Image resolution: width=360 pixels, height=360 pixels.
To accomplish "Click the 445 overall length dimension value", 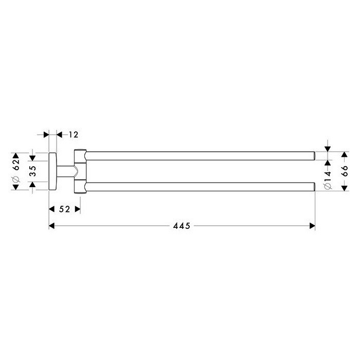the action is (182, 226).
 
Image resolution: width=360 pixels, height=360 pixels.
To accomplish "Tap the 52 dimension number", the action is (64, 209).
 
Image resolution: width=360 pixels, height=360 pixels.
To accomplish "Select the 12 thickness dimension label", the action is (74, 135).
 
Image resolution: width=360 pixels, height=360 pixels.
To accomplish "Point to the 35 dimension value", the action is (33, 171).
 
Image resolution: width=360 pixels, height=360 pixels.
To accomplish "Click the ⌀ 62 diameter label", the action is (16, 170).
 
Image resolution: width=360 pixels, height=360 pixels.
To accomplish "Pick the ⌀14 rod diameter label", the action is (328, 180).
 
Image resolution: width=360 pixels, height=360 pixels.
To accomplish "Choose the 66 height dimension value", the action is (345, 171).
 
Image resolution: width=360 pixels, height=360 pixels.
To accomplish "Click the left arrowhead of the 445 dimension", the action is (51, 226).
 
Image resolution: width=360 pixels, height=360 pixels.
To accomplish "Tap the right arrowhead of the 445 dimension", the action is (312, 226).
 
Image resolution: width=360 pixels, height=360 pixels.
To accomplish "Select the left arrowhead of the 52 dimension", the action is (51, 209).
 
